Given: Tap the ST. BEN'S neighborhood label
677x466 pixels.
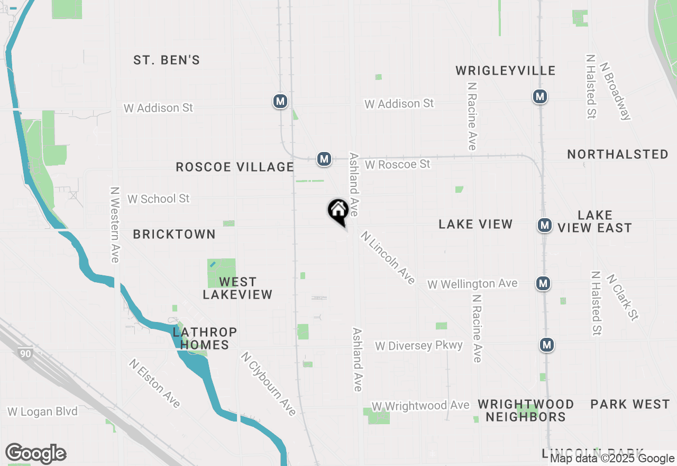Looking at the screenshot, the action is tap(167, 60).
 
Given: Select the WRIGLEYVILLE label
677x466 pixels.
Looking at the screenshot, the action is tap(505, 71).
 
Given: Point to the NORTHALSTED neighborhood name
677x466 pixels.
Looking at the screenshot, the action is tap(618, 155).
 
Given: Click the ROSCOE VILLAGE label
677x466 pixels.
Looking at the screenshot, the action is tap(235, 167).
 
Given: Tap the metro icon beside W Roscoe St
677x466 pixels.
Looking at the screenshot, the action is tap(324, 158).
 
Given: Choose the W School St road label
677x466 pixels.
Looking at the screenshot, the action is tap(158, 199).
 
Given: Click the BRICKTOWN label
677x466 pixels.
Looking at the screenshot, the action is tap(174, 234).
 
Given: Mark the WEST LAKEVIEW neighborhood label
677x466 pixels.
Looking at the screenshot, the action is tap(237, 288).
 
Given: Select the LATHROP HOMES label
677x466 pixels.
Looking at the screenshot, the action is tap(205, 338).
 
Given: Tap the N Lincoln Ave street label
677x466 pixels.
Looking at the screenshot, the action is tap(388, 257).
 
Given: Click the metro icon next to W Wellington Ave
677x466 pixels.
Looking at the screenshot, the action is tap(543, 283).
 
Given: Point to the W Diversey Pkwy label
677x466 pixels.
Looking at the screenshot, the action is tap(419, 346).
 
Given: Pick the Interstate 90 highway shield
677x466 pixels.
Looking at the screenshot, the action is tap(26, 354).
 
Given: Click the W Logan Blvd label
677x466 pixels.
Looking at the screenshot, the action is tap(42, 411).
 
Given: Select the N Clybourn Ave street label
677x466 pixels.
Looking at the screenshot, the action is tap(268, 383).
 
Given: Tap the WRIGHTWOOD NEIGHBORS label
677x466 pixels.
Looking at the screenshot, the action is tap(526, 410).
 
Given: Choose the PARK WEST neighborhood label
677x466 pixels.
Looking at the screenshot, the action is tap(630, 405).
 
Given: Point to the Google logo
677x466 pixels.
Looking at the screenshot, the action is tap(36, 454).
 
